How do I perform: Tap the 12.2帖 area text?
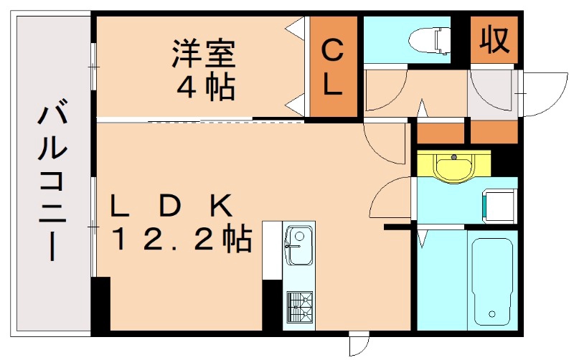180,239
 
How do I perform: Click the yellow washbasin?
453,169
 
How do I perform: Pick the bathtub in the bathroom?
492,278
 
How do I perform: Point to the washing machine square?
499,204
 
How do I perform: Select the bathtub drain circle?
491,313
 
